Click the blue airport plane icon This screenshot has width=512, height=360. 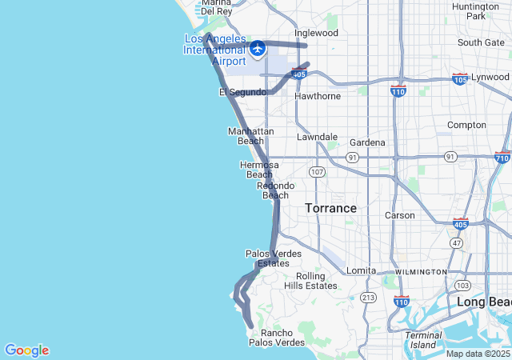coord(258,49)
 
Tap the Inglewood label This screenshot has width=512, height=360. coord(316,33)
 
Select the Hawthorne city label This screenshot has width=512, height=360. coord(318,96)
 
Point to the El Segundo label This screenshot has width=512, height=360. coord(242,93)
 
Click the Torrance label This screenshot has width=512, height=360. coord(330,208)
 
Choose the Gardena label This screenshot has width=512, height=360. coord(367,142)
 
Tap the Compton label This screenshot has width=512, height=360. coord(466,125)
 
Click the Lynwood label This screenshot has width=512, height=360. coord(490,77)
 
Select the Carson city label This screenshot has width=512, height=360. coord(400,215)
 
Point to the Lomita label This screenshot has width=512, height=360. coord(361,270)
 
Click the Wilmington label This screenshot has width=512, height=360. coord(420,272)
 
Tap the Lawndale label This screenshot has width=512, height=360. coord(317,137)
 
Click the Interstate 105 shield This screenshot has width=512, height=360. coord(460,78)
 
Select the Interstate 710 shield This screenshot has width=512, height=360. coord(502,157)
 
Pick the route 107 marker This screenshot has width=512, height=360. coord(318,172)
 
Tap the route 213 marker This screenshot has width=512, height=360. coord(368,298)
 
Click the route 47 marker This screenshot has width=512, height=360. coord(457,242)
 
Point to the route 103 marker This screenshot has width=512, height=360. coord(462,285)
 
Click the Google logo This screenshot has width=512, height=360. coord(26,350)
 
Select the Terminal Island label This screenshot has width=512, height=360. coord(423,340)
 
